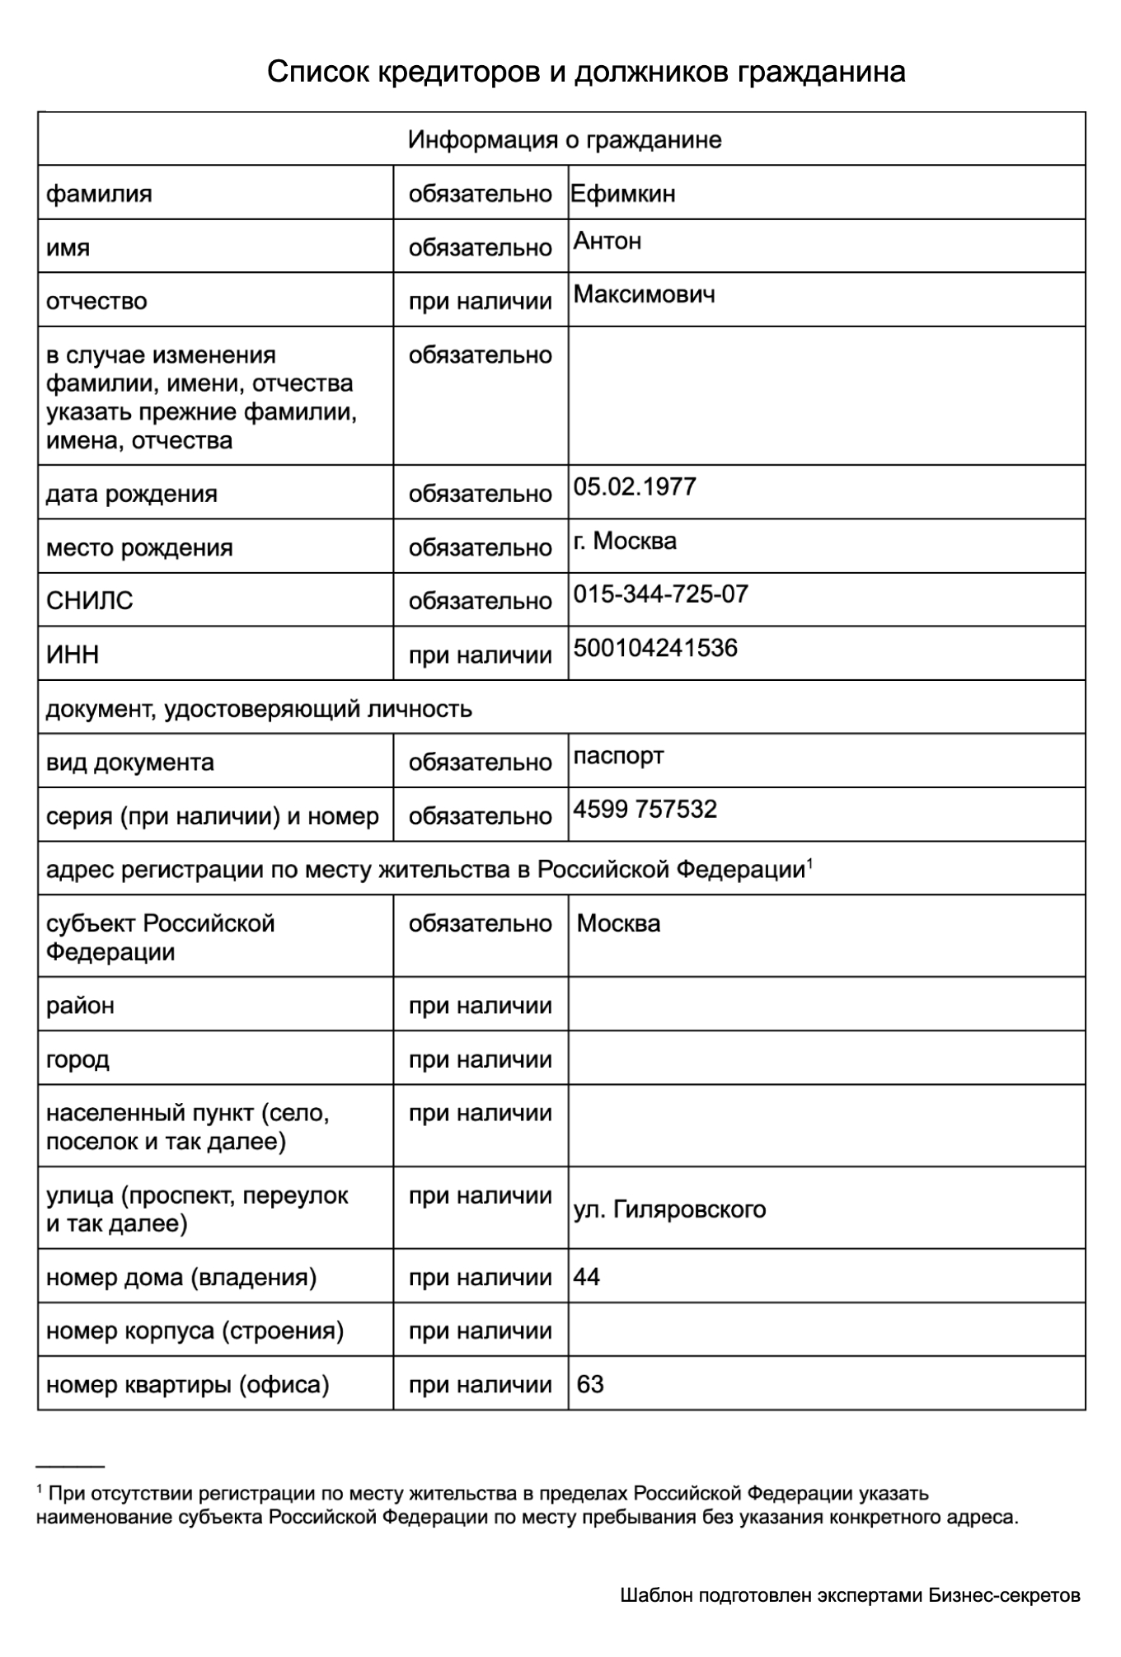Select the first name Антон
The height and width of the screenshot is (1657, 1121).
607,241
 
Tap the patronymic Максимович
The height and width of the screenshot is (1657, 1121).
644,294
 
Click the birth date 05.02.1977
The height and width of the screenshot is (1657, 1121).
635,486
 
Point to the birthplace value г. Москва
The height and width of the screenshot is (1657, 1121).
625,541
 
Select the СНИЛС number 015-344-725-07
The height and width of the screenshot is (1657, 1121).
660,594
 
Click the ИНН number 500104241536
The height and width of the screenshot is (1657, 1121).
655,648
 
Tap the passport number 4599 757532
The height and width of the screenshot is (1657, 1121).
645,809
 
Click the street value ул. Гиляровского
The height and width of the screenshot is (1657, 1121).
669,1209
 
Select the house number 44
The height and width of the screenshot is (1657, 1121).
586,1277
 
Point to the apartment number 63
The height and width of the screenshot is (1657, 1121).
590,1384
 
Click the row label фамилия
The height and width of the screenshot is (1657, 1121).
99,194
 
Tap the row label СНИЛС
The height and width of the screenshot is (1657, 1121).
89,600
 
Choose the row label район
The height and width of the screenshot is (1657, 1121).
80,1006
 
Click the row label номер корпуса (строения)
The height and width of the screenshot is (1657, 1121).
195,1331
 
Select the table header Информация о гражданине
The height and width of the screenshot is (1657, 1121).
565,139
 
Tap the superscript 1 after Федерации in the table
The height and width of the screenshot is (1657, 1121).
809,863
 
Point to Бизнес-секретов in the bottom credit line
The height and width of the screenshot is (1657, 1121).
1004,1595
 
